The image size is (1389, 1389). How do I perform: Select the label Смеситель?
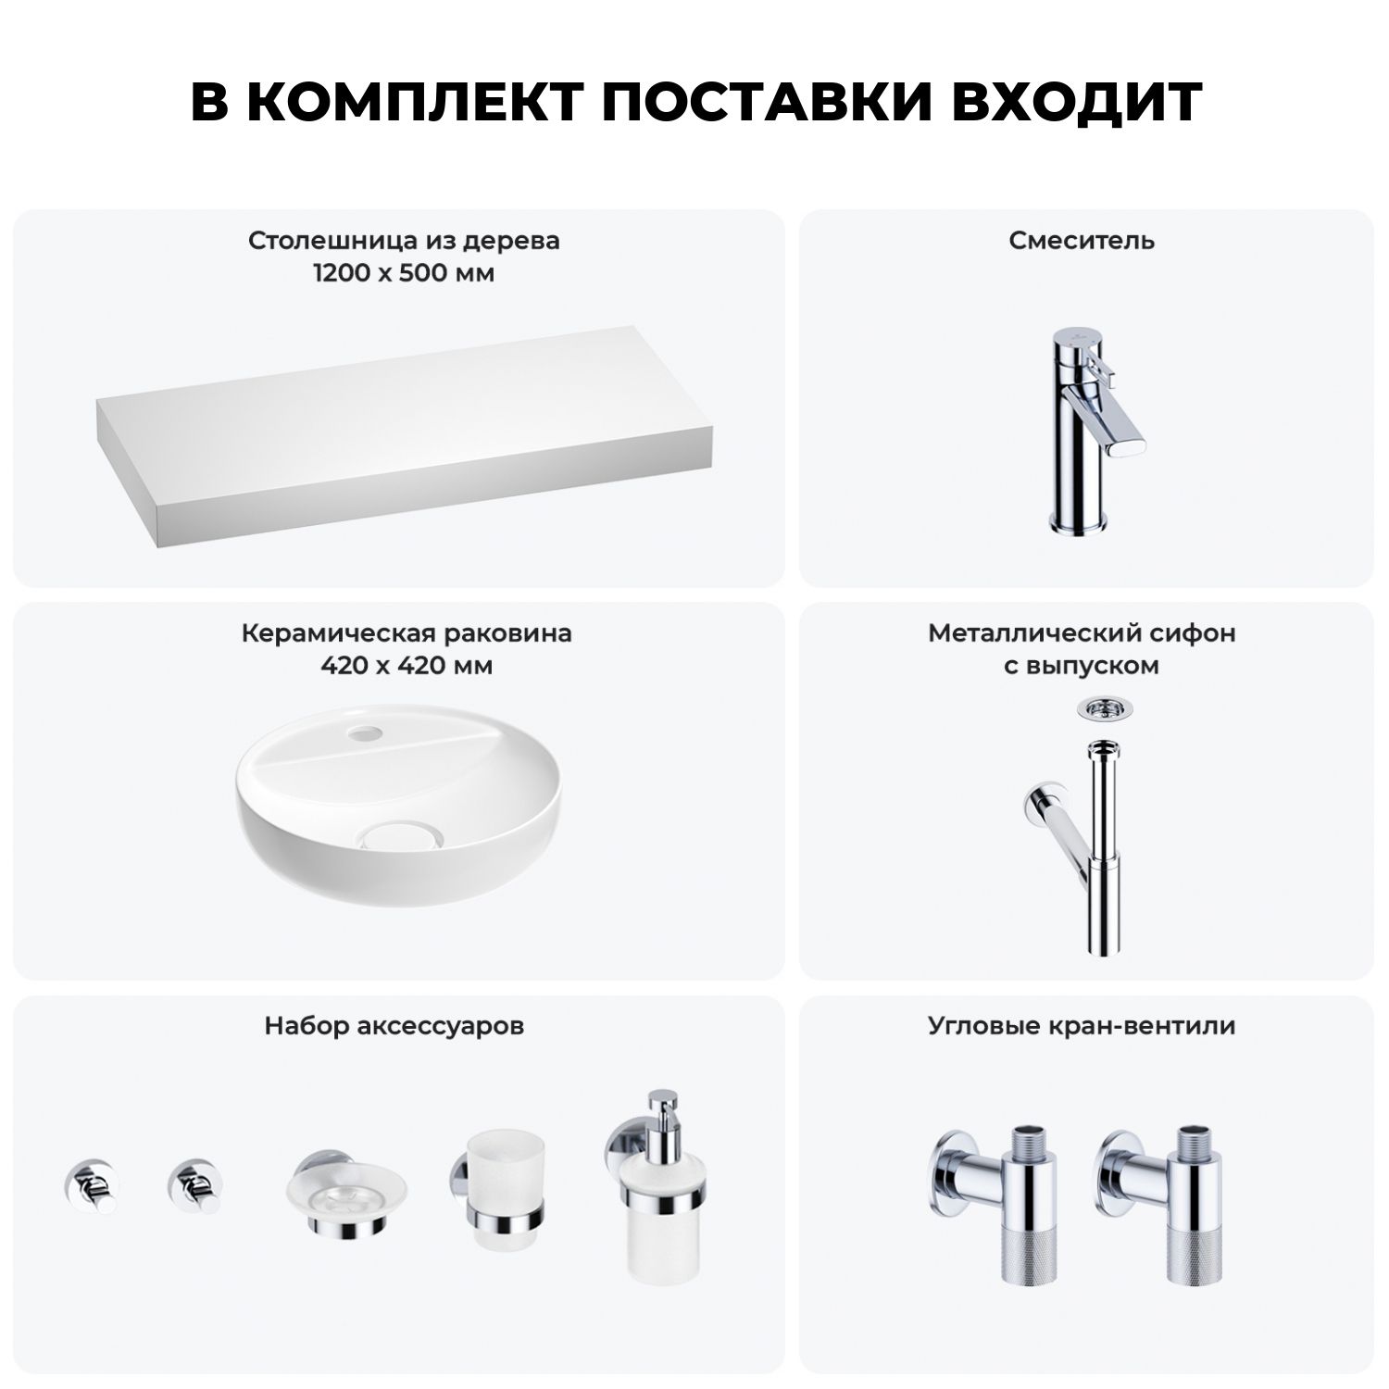1082,241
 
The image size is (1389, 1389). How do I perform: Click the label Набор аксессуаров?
394,1026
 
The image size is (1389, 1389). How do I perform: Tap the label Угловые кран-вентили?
1082,1026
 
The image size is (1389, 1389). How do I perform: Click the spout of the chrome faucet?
1098,429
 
